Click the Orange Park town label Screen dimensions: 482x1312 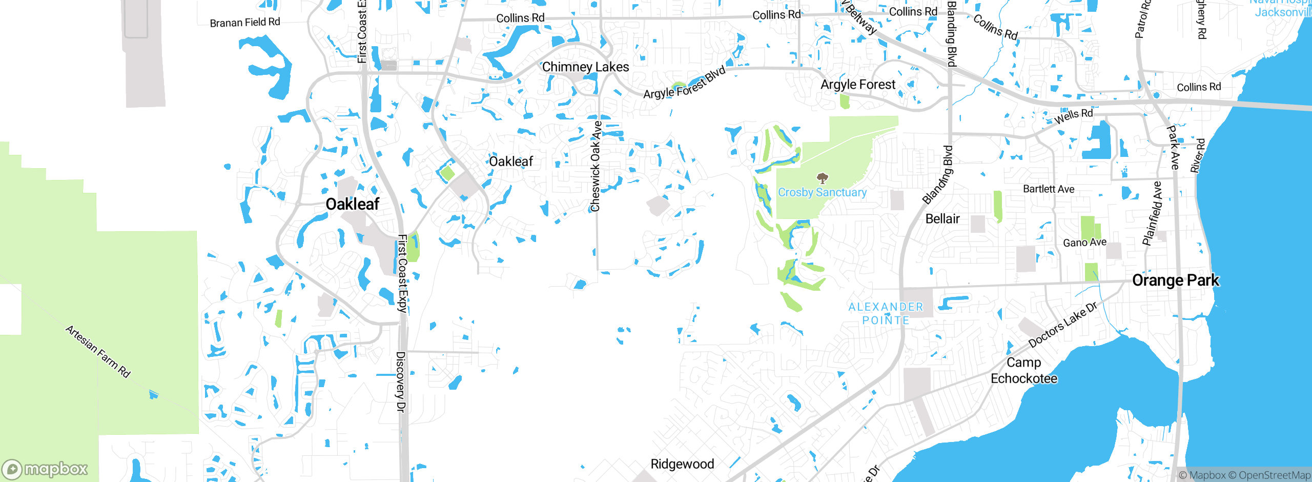point(1175,280)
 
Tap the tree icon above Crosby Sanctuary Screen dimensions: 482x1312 point(822,178)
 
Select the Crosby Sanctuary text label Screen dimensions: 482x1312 point(822,192)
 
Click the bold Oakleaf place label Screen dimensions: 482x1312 point(353,204)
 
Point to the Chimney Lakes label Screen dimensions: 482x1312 point(585,67)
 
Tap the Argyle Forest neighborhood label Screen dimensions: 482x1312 point(858,85)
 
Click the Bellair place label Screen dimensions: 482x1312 point(942,219)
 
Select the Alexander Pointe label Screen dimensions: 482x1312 point(886,313)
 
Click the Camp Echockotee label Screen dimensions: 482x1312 point(1023,370)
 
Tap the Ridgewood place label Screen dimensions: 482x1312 point(682,464)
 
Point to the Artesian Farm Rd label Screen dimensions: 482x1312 point(98,351)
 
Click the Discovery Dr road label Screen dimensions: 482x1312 point(401,381)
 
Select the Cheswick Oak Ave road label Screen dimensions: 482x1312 point(596,167)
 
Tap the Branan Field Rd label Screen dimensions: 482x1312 point(245,23)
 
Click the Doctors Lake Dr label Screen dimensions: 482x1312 point(1062,325)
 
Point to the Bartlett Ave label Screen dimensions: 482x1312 point(1049,189)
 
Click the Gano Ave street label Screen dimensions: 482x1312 point(1084,243)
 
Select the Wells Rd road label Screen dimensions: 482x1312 point(1073,116)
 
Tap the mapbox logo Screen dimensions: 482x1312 point(45,469)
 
